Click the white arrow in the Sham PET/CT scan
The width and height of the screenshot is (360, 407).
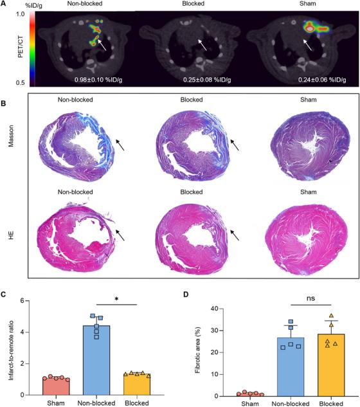click(309, 46)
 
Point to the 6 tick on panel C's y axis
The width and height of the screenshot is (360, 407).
click(22, 301)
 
